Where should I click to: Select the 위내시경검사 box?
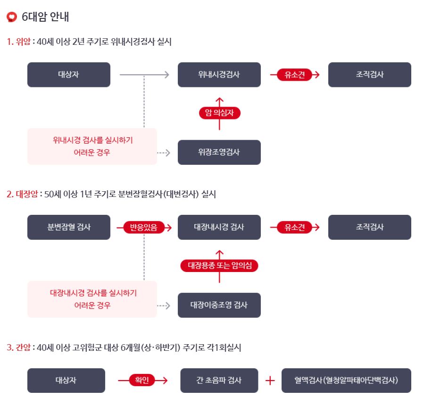[x=219, y=75]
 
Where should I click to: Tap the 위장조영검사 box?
[x=219, y=152]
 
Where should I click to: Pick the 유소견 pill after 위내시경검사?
[x=295, y=75]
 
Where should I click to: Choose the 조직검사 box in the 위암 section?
[x=369, y=75]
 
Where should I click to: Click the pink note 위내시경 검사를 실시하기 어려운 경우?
[x=92, y=146]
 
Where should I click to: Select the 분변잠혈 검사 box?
[x=69, y=227]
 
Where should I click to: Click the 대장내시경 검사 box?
[x=219, y=227]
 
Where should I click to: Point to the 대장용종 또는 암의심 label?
[x=219, y=265]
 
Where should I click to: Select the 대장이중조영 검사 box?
[x=219, y=305]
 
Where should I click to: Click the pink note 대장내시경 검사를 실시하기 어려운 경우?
[x=92, y=299]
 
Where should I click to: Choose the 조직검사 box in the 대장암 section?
[x=369, y=227]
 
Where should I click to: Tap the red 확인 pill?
[x=142, y=380]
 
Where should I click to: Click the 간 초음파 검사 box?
[x=219, y=380]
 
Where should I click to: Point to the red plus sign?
[x=270, y=381]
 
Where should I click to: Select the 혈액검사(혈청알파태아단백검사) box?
[x=346, y=380]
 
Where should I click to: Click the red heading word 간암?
[x=23, y=348]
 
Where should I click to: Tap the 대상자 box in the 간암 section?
[x=66, y=380]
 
